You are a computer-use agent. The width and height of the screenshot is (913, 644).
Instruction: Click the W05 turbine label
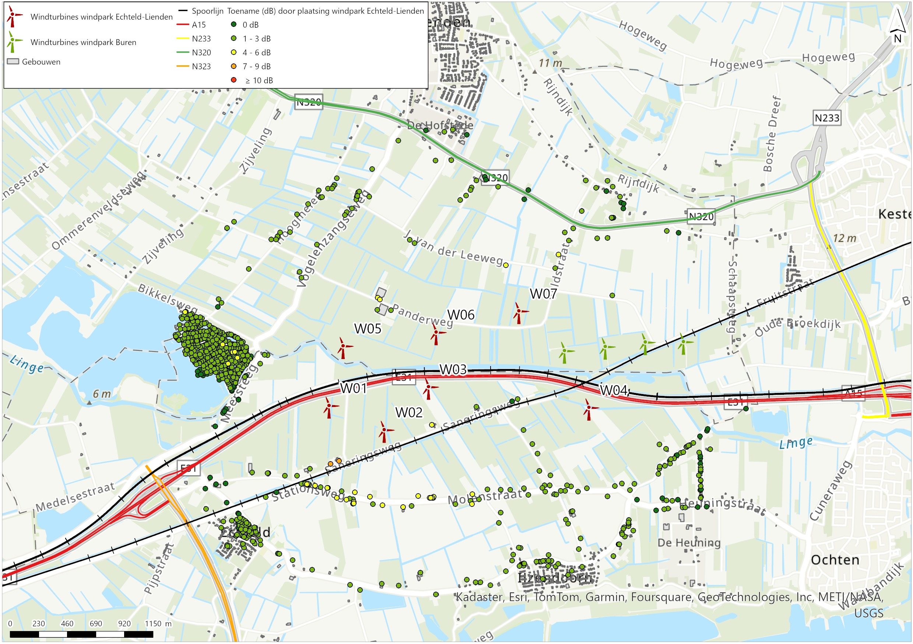[368, 329]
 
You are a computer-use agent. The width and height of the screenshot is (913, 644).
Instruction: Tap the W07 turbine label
[543, 294]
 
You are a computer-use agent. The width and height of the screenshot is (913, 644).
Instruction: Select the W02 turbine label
[409, 412]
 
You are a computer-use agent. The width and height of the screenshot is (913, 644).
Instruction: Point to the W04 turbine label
[614, 390]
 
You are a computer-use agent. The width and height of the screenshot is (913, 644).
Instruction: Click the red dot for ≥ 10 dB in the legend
[234, 80]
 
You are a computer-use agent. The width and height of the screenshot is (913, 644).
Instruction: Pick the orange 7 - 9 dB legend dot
[234, 66]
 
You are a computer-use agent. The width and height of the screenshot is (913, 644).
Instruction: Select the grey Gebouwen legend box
[13, 62]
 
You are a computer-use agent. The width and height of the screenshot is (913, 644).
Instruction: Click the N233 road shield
[827, 118]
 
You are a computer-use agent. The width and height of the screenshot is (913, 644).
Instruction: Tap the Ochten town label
[835, 560]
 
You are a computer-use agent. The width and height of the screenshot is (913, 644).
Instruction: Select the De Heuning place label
[689, 543]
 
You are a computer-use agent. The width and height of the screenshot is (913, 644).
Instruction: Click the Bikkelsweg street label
[168, 298]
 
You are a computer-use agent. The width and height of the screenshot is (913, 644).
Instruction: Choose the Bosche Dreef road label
[772, 134]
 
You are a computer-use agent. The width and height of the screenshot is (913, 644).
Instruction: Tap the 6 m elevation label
[102, 394]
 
